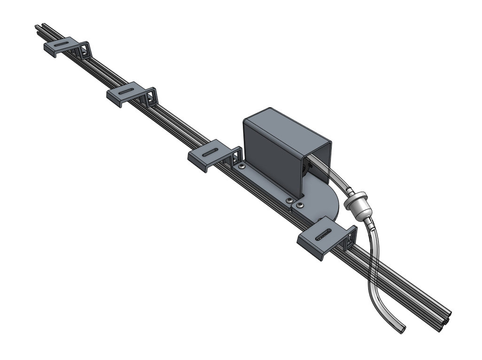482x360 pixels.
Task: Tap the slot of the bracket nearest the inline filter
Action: click(x=324, y=235)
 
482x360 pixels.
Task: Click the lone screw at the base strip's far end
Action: click(x=241, y=167)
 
